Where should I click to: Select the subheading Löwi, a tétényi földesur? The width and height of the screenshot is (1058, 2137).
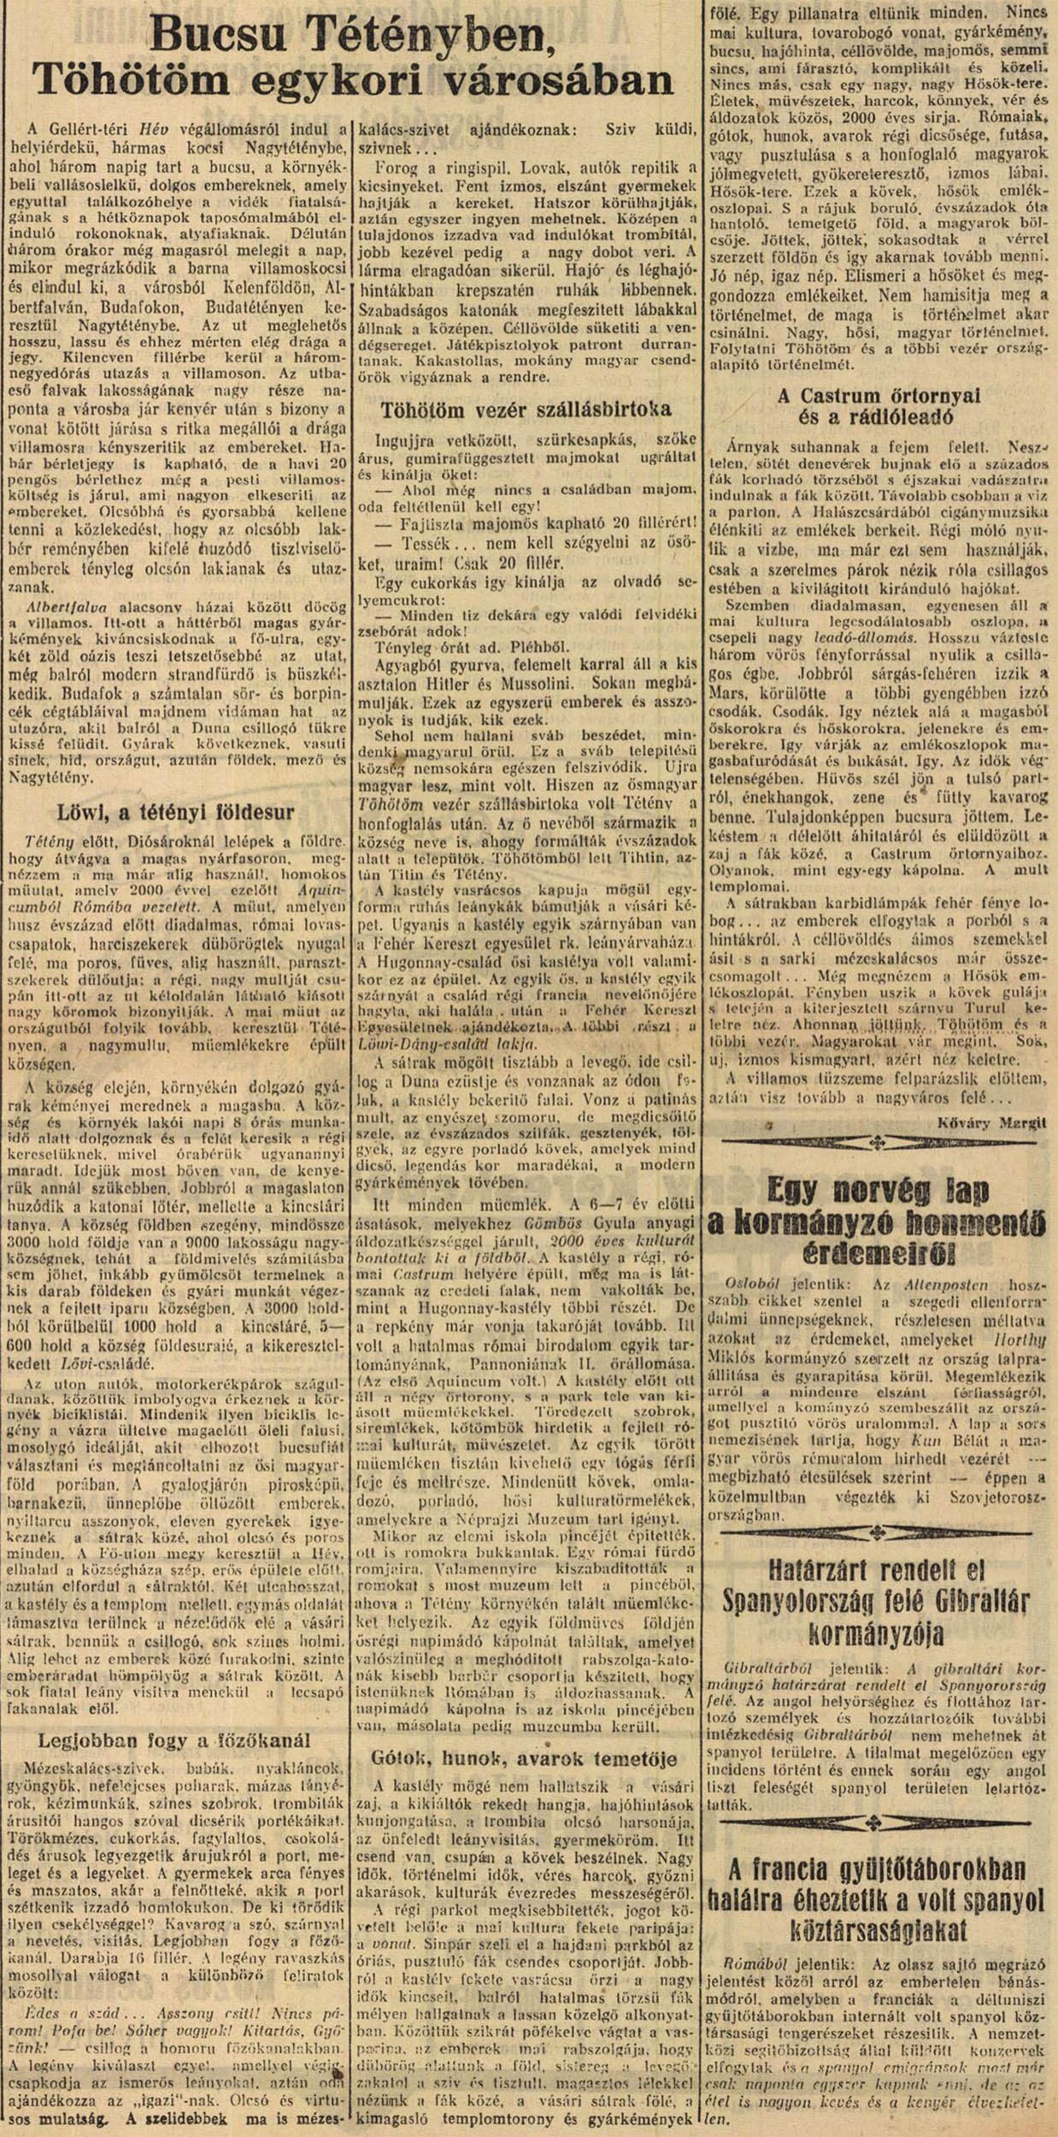coord(175,810)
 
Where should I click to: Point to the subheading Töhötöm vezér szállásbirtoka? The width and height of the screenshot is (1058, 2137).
coord(527,409)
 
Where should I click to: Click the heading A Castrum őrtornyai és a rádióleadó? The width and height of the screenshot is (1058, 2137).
coord(879,407)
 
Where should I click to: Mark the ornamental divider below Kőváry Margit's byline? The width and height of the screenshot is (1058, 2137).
coord(880,1142)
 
